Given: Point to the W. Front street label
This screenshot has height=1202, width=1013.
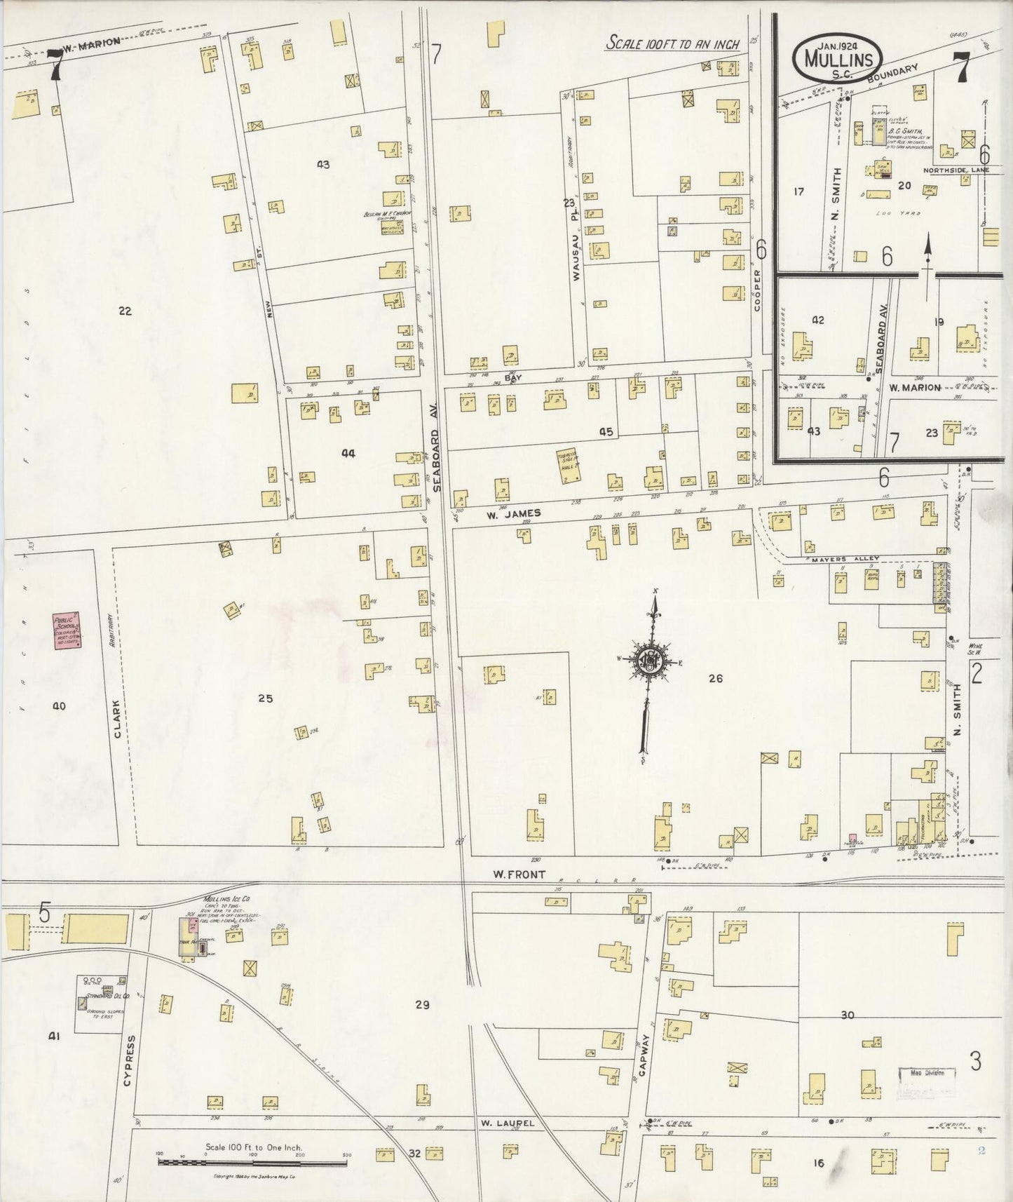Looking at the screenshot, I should tap(510, 875).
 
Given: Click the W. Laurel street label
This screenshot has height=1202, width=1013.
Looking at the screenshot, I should tap(508, 1123).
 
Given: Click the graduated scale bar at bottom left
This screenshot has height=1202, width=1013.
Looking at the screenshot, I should tap(253, 1163).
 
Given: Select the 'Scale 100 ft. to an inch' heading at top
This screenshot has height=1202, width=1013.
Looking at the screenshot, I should tap(673, 44).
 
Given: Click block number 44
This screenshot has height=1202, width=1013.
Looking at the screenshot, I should tap(348, 454).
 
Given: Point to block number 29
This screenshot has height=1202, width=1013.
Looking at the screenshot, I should tap(421, 1005).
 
